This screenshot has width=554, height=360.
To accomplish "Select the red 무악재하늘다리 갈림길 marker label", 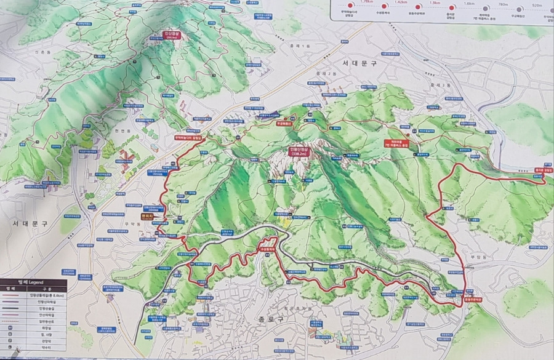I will tap(188, 138).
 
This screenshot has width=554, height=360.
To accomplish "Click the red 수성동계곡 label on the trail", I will tap(266, 249).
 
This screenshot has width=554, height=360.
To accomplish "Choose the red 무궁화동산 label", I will tap(284, 123).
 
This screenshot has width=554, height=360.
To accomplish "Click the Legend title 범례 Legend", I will tap(25, 281).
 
